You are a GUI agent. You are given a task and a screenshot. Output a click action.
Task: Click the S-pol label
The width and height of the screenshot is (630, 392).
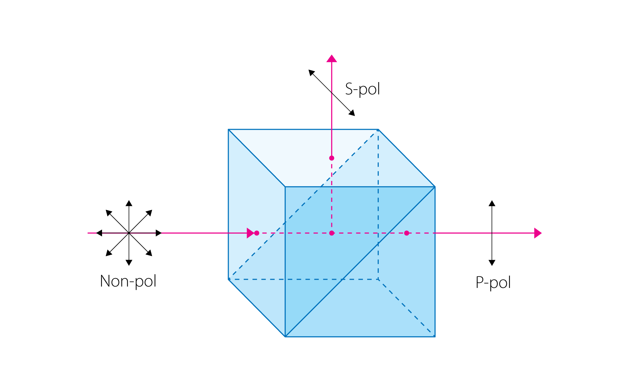coord(363,89)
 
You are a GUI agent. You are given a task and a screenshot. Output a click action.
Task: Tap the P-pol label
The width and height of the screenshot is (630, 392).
coord(493,282)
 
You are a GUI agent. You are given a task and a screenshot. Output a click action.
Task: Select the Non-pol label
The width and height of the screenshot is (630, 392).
coord(128,281)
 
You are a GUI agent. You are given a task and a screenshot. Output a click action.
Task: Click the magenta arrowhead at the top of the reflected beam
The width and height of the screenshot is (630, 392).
coord(331,59)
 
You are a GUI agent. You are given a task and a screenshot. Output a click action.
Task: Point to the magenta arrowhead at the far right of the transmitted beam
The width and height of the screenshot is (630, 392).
coord(537,233)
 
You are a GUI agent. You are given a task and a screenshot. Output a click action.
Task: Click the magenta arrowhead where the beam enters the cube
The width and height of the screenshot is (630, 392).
coord(250,233)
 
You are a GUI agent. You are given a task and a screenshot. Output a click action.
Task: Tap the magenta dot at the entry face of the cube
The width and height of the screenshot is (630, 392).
coord(257,233)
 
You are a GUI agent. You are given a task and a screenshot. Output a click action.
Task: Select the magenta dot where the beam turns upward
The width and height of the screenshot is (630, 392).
coord(331,233)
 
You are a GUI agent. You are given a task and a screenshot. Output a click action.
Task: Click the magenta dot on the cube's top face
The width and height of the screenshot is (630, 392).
coord(331,158)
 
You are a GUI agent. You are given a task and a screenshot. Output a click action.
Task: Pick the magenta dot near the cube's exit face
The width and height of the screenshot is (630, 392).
coord(407,233)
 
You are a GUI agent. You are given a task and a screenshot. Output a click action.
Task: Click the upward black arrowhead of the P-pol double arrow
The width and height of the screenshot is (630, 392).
coord(492,203)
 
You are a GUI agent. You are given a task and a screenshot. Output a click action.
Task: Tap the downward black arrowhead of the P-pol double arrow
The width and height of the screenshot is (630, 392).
coord(492,263)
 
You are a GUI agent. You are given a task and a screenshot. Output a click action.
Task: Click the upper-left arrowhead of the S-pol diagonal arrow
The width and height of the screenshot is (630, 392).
coord(311,72)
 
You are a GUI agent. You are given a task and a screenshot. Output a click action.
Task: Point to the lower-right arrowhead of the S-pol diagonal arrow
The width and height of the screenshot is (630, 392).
coord(352,113)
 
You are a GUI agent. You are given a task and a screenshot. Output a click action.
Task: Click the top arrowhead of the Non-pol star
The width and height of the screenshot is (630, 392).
coord(129,203)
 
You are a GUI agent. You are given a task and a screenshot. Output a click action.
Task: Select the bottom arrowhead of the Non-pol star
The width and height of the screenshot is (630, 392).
coord(129,263)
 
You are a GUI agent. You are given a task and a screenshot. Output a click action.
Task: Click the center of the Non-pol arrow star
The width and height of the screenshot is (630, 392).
coord(129,233)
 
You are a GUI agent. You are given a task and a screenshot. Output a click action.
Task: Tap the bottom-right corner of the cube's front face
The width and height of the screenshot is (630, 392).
coord(435,337)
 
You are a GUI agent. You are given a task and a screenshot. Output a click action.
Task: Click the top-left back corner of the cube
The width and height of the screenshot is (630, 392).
coord(228,130)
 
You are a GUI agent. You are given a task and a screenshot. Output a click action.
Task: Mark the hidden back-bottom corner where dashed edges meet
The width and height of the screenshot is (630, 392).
coord(378,279)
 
